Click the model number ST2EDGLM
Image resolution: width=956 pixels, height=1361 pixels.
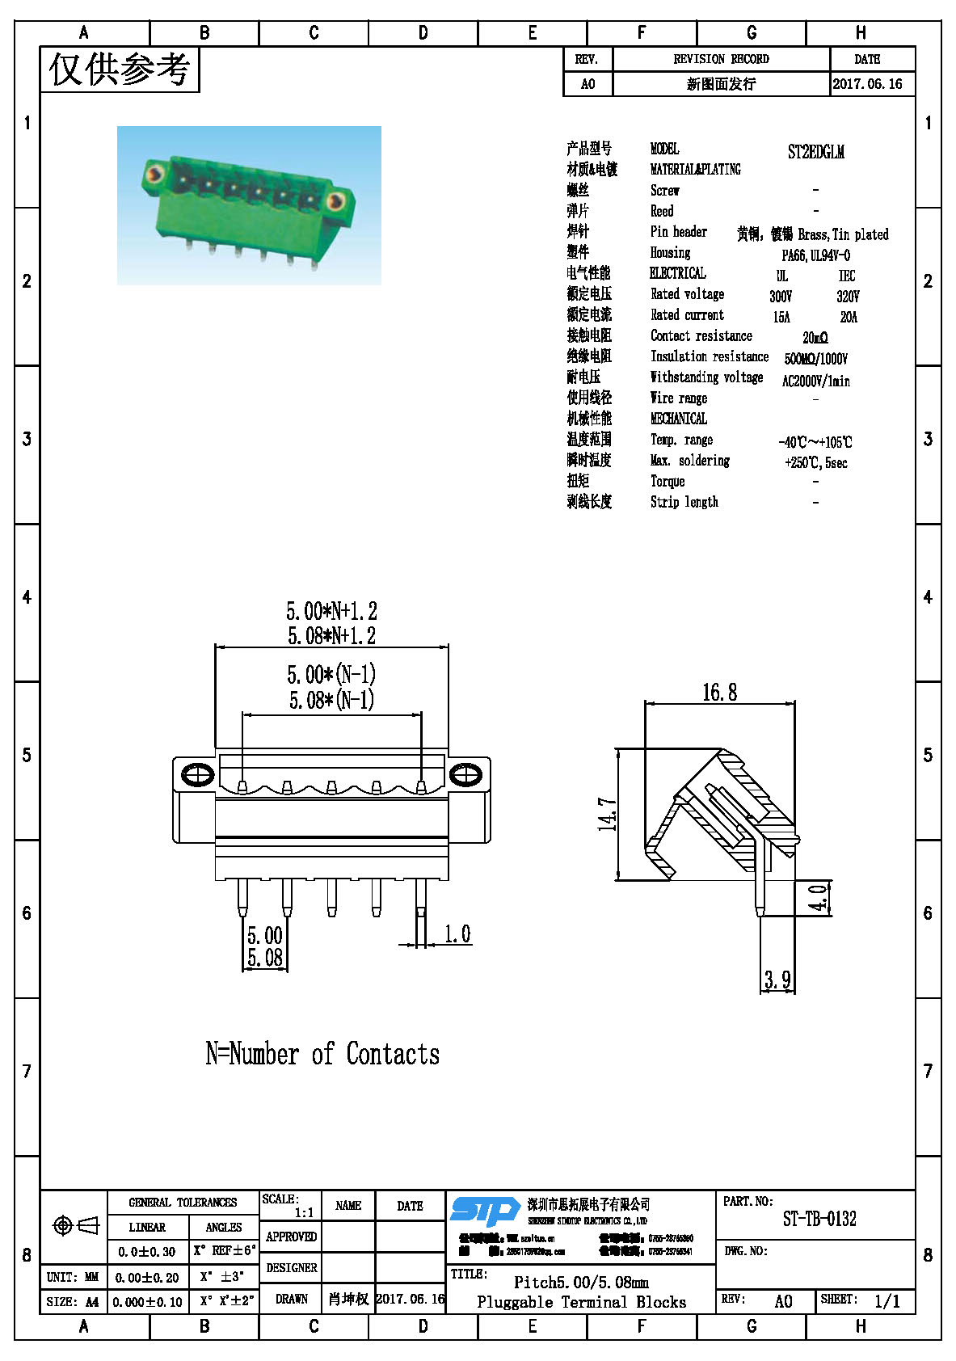815,152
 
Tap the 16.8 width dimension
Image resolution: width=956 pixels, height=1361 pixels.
719,693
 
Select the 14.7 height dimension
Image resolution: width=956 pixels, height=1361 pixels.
608,814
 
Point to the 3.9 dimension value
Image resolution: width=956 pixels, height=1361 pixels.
777,980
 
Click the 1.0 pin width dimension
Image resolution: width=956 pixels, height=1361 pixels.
457,934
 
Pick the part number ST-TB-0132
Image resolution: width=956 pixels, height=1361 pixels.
819,1219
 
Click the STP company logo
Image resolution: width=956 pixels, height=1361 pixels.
485,1211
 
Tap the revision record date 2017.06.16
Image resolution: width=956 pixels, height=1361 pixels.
867,84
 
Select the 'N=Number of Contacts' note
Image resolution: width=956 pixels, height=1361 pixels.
322,1054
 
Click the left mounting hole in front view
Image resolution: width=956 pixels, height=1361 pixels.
198,774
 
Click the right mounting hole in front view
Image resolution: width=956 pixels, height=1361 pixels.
465,774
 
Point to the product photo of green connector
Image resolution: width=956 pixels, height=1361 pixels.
249,205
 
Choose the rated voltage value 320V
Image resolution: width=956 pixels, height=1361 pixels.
848,297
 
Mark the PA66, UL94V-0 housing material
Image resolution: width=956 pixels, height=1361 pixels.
815,255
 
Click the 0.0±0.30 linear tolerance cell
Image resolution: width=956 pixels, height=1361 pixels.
147,1252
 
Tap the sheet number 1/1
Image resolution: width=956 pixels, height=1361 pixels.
887,1301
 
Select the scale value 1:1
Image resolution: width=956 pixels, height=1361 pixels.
304,1212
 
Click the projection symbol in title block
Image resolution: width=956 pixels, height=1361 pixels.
75,1226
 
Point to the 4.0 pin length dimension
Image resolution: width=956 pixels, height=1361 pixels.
818,898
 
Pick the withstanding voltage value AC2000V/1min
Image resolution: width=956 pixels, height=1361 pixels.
815,381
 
